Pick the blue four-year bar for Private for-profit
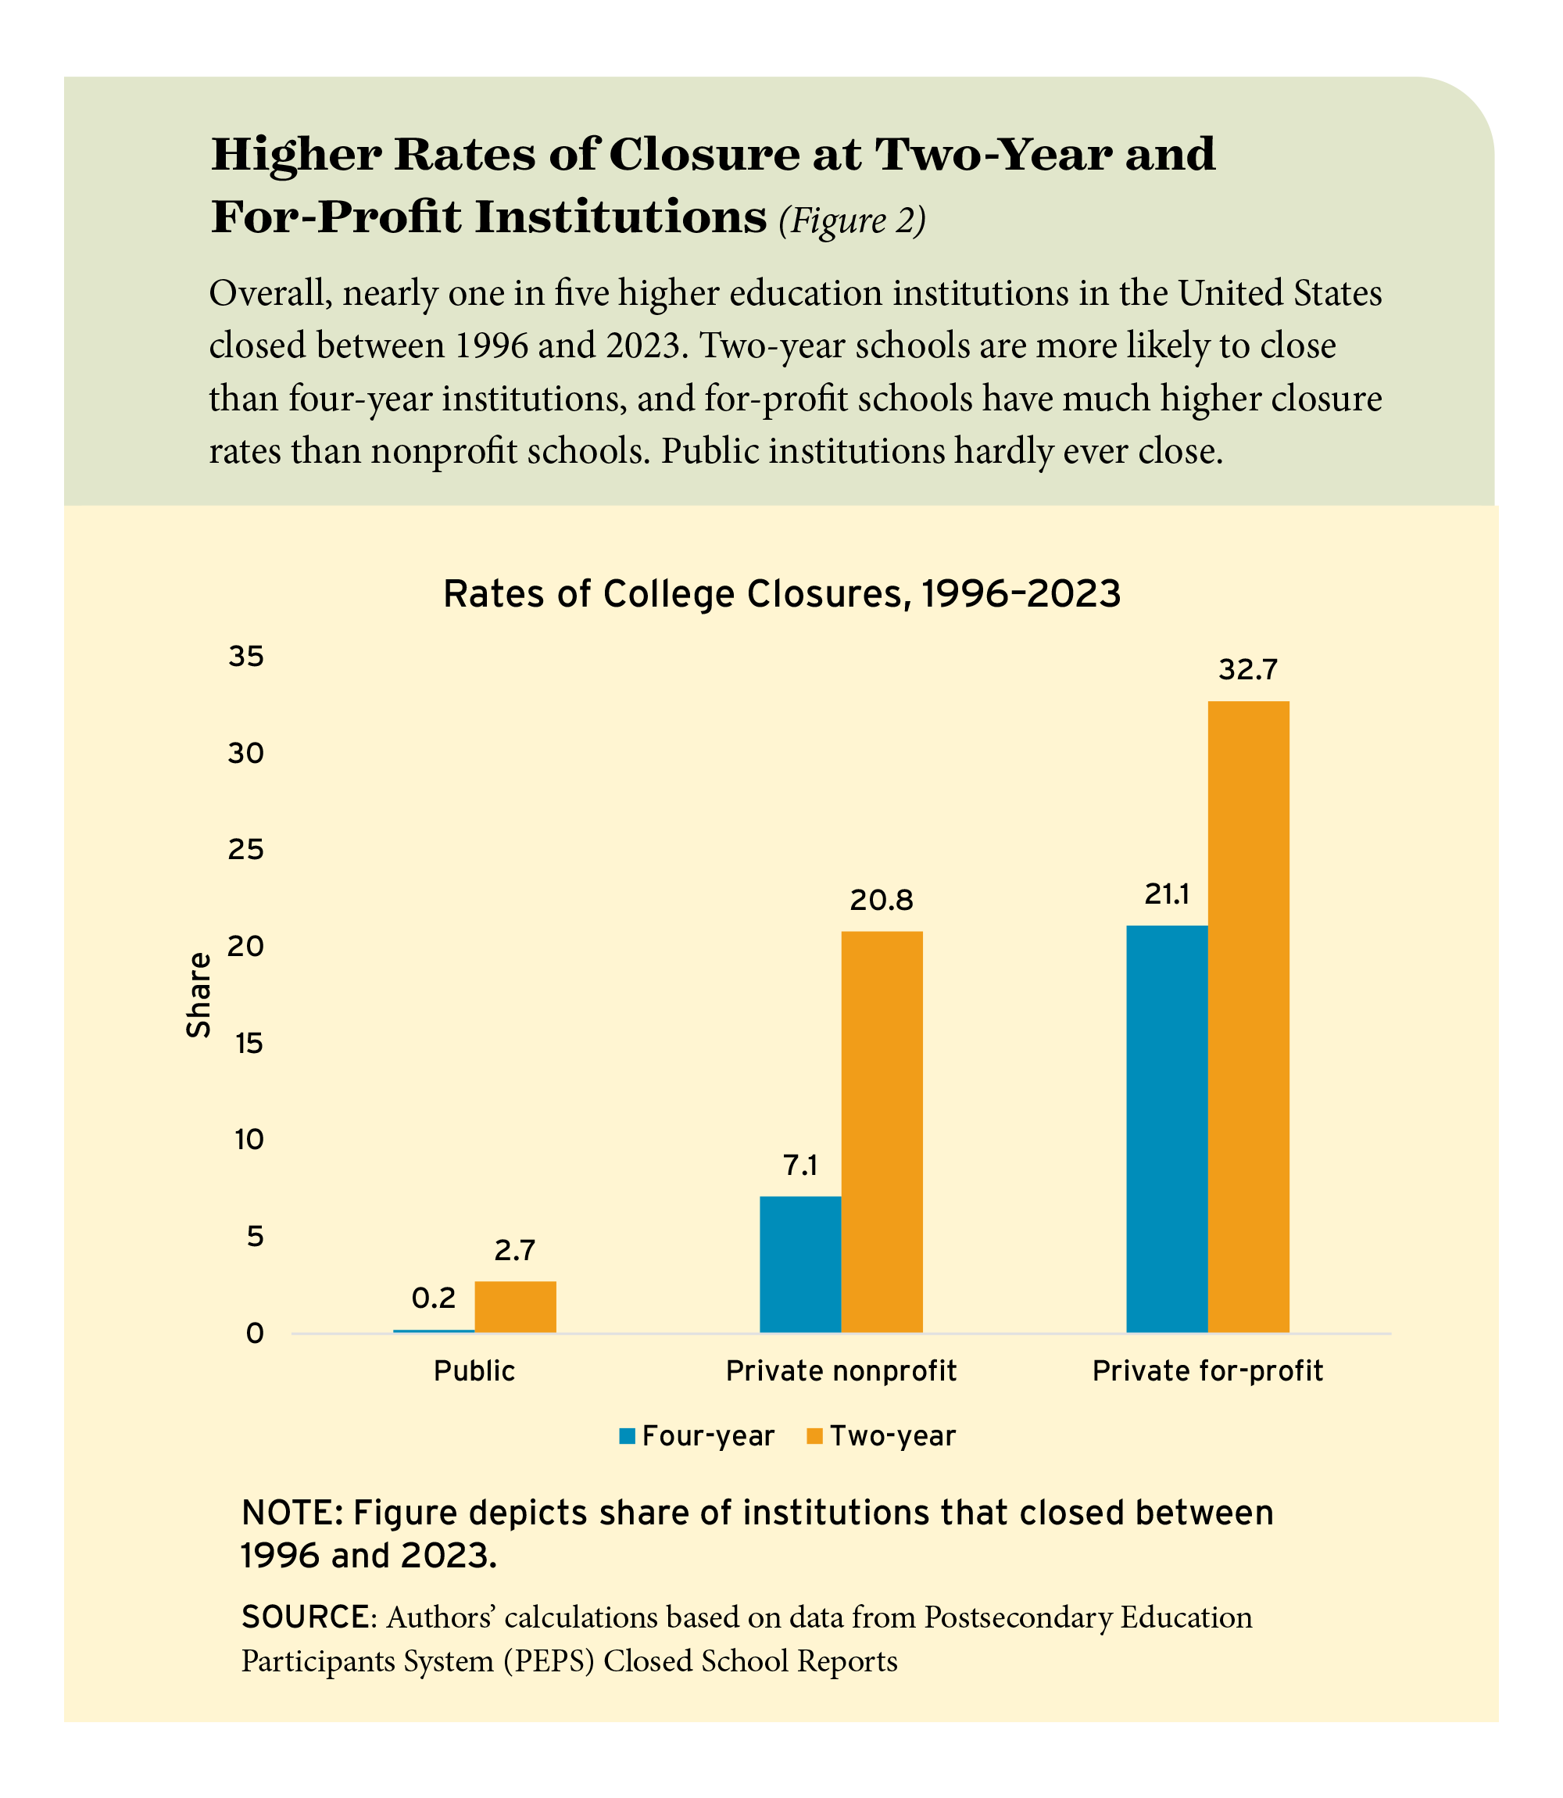click(x=1167, y=1129)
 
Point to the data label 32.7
click(x=1248, y=670)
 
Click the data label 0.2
click(x=434, y=1299)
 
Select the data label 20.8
click(x=882, y=901)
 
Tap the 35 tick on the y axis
click(x=245, y=657)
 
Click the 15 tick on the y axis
click(x=245, y=1044)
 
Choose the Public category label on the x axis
click(x=474, y=1371)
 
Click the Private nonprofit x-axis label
click(x=841, y=1371)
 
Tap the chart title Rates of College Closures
click(x=781, y=594)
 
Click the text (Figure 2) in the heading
click(x=851, y=220)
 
